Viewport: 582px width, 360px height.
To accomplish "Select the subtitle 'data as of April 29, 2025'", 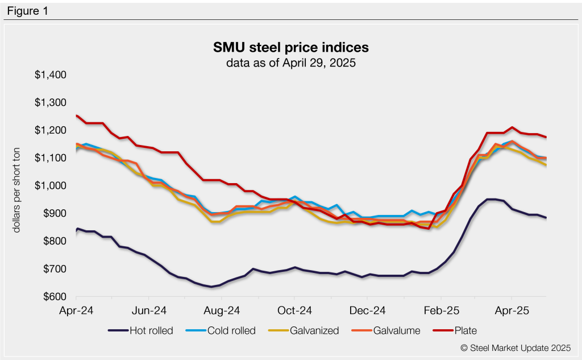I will [x=291, y=63].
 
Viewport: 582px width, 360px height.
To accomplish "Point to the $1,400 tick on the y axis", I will [x=51, y=75].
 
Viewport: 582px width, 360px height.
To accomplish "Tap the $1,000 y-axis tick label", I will [x=51, y=186].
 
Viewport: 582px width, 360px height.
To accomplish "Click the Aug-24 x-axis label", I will [x=221, y=312].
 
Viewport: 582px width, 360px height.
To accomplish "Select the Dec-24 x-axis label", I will [x=367, y=312].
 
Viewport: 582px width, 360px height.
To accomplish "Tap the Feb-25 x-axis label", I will [x=440, y=312].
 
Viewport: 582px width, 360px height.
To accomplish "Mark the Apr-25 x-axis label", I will [x=512, y=312].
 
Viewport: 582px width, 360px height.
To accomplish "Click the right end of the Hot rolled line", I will [x=546, y=218].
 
